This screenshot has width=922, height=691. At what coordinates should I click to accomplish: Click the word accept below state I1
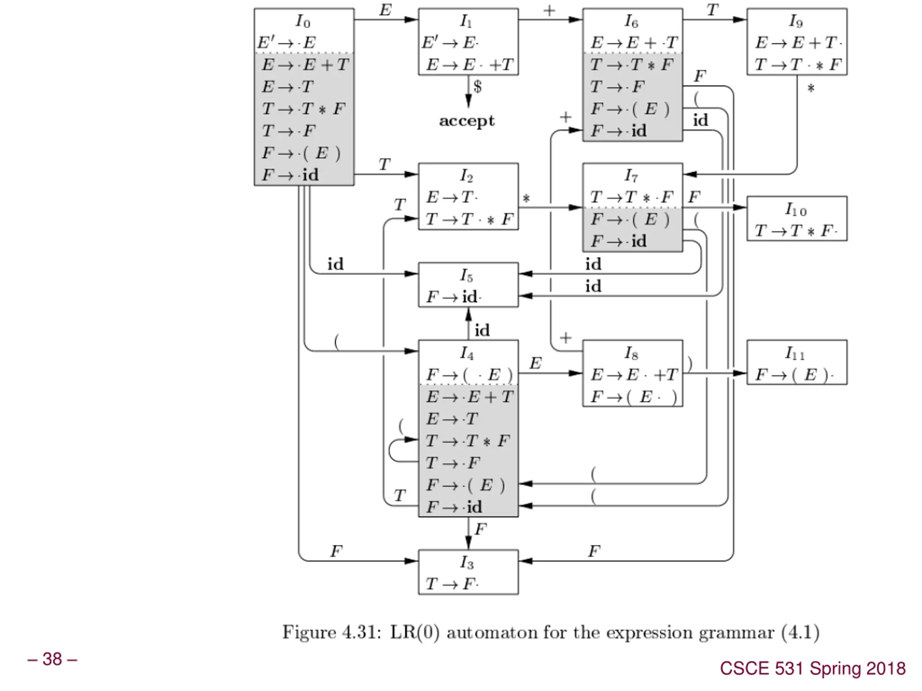pyautogui.click(x=467, y=121)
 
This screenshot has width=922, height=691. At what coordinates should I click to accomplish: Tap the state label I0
pyautogui.click(x=303, y=21)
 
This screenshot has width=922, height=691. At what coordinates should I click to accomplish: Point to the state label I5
pyautogui.click(x=467, y=275)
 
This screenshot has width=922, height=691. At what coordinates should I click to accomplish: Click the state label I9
pyautogui.click(x=796, y=21)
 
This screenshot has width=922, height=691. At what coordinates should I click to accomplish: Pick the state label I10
pyautogui.click(x=796, y=209)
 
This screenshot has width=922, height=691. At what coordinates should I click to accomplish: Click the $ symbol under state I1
pyautogui.click(x=478, y=87)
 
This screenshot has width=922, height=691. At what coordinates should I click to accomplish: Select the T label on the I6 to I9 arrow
pyautogui.click(x=712, y=10)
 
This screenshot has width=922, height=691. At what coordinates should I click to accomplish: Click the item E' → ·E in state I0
pyautogui.click(x=287, y=42)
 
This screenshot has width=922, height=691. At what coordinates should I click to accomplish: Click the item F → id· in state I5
pyautogui.click(x=453, y=297)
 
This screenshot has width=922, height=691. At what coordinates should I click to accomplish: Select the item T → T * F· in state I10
pyautogui.click(x=796, y=231)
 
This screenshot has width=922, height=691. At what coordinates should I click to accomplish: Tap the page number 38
pyautogui.click(x=52, y=659)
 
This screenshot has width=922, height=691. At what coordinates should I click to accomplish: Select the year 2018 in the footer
pyautogui.click(x=886, y=669)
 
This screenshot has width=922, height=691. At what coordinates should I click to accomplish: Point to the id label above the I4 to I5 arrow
pyautogui.click(x=482, y=330)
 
